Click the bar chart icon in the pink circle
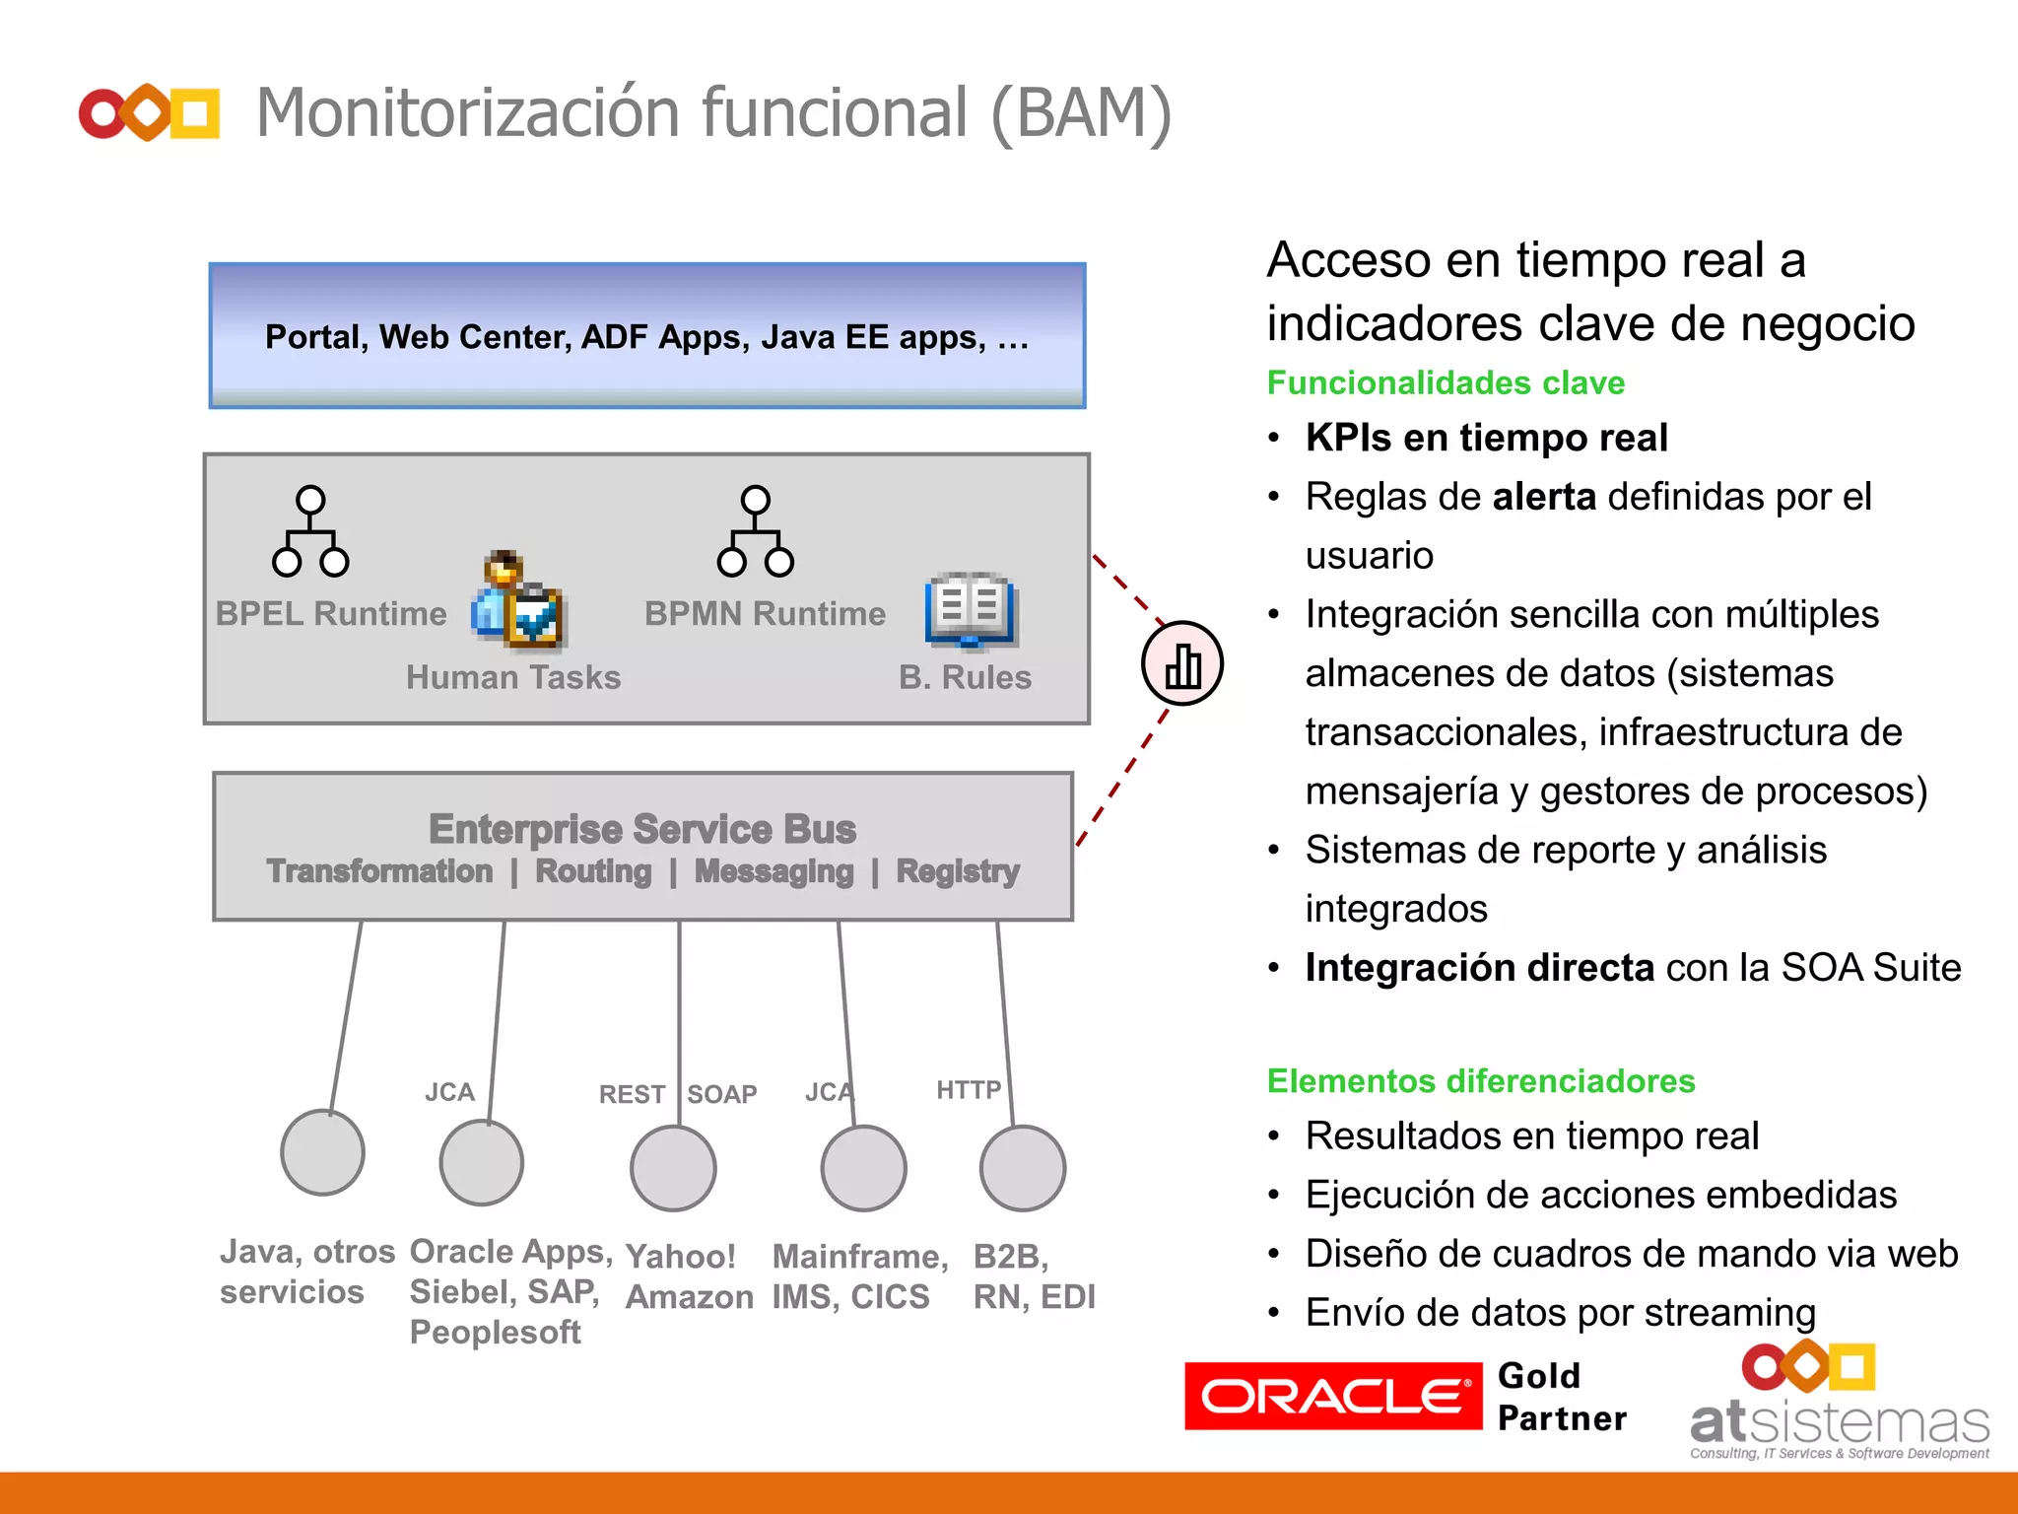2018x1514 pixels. pyautogui.click(x=1182, y=664)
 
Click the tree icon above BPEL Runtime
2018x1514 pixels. pyautogui.click(x=310, y=531)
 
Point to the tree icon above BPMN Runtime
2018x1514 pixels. pyautogui.click(x=756, y=531)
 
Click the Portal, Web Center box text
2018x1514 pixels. pyautogui.click(x=646, y=337)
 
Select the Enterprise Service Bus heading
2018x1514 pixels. pyautogui.click(x=642, y=829)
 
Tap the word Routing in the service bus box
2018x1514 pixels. pyautogui.click(x=593, y=871)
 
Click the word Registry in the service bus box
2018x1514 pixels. pyautogui.click(x=958, y=871)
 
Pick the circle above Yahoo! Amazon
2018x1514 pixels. pyautogui.click(x=673, y=1168)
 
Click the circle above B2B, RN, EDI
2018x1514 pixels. pyautogui.click(x=1023, y=1168)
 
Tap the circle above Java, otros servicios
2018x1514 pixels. pyautogui.click(x=323, y=1152)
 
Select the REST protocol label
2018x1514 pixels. pyautogui.click(x=632, y=1094)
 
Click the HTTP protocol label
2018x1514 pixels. pyautogui.click(x=969, y=1089)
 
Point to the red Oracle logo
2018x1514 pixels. pyautogui.click(x=1332, y=1396)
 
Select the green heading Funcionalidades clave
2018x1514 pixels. pyautogui.click(x=1446, y=382)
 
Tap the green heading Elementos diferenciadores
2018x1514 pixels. pyautogui.click(x=1481, y=1081)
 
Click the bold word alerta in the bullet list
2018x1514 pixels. pyautogui.click(x=1544, y=497)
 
